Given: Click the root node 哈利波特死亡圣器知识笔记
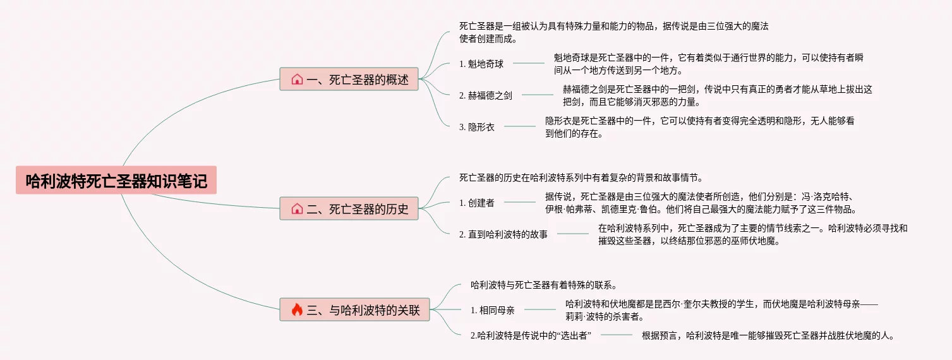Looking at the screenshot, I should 116,181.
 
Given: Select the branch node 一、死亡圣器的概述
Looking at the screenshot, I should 349,80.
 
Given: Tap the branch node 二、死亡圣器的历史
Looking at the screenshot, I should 349,208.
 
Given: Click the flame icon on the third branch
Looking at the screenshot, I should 297,309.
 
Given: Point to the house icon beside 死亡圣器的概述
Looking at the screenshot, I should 297,80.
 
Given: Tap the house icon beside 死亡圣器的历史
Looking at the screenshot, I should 297,208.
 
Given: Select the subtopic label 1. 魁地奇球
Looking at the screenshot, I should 481,63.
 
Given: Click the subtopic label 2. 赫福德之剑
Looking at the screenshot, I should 485,95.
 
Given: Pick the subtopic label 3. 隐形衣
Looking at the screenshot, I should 476,126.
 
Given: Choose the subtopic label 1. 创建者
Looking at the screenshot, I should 476,203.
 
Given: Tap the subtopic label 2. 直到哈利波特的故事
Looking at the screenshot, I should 503,234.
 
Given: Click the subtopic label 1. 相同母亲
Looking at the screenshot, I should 492,310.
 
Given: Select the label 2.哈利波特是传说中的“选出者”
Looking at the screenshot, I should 531,335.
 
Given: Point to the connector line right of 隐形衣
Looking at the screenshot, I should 519,126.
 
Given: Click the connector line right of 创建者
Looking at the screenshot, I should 519,202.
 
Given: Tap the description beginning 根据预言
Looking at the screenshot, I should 768,335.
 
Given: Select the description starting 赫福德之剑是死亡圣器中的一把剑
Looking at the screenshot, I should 717,95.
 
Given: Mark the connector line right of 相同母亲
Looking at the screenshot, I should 539,309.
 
